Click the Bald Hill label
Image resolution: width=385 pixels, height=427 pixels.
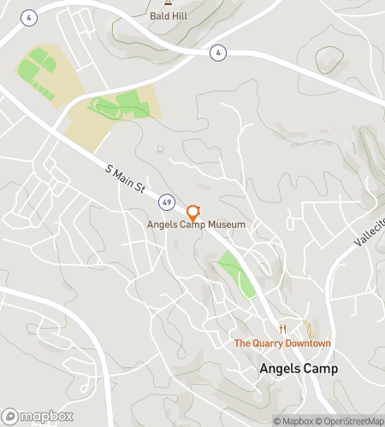(x=167, y=15)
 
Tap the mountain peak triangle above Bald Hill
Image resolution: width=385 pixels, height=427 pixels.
(x=168, y=3)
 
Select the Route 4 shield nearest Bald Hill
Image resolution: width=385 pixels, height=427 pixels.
(x=220, y=53)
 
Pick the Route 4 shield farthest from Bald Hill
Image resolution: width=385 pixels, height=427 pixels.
(x=30, y=17)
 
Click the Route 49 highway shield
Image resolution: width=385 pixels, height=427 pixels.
(x=165, y=202)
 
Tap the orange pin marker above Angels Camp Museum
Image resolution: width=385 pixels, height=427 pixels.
(x=193, y=212)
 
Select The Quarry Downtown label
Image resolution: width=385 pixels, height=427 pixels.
(x=282, y=343)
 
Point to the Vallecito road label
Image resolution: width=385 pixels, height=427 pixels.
(x=369, y=231)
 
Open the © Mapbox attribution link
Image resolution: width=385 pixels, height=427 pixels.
(x=293, y=420)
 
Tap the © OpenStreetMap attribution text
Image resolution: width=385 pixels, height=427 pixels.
(x=349, y=420)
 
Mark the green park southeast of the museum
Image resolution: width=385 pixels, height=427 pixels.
(x=236, y=273)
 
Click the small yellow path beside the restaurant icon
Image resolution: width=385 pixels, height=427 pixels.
(x=306, y=326)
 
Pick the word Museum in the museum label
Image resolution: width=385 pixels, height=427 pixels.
(x=226, y=225)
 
